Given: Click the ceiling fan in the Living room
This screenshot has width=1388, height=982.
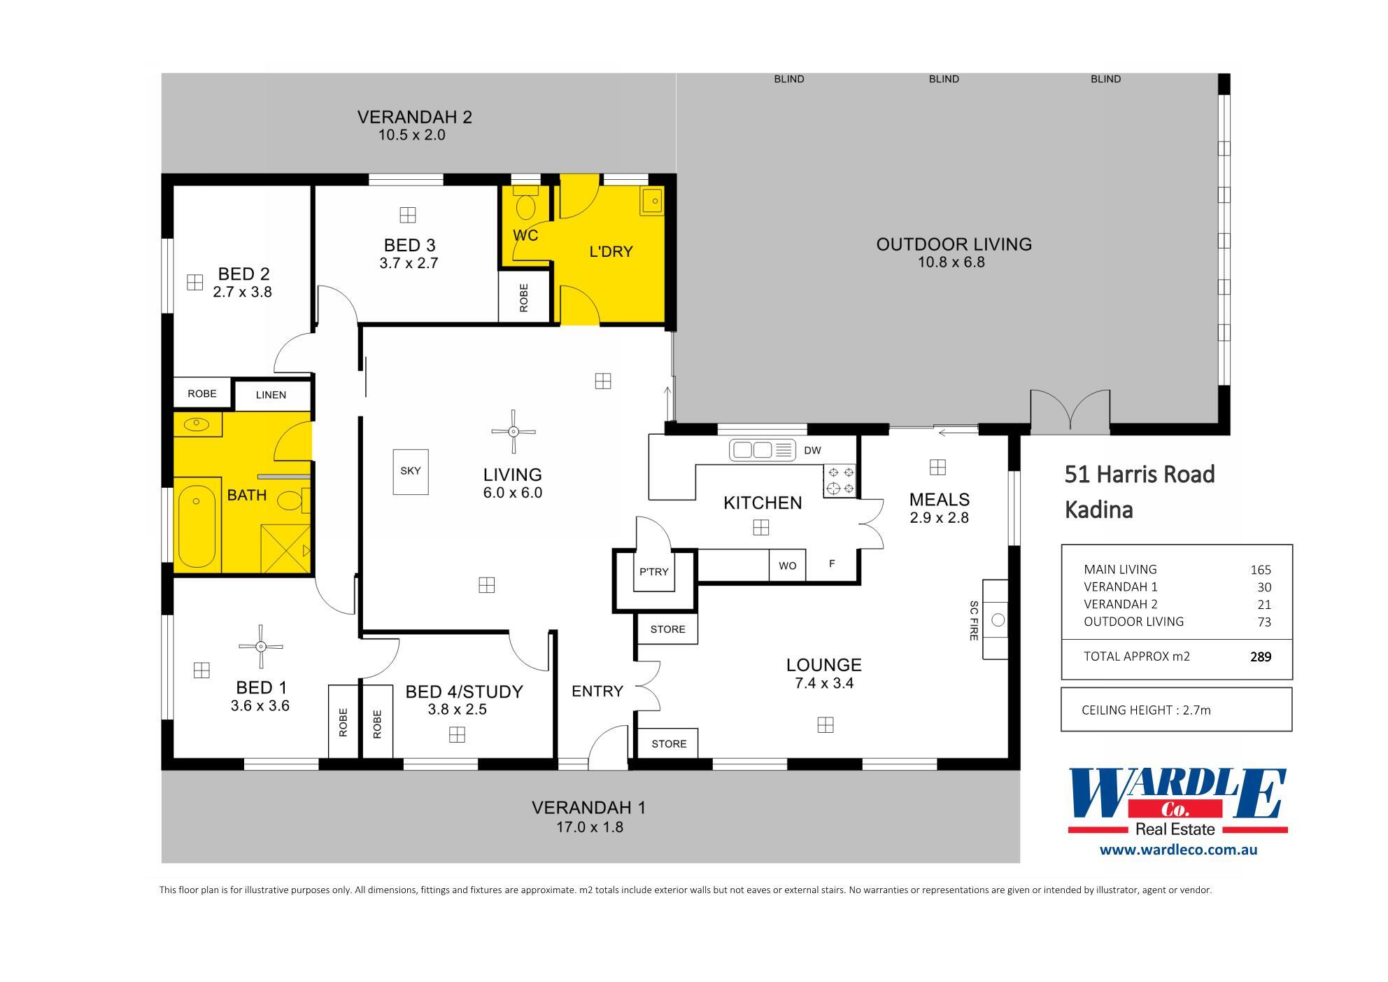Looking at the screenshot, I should point(514,431).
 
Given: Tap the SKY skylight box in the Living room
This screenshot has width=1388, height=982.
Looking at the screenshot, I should point(411,471).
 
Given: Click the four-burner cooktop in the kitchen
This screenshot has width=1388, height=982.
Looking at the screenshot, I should point(840,479).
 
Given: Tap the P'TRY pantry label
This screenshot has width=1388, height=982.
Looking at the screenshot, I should point(654,572).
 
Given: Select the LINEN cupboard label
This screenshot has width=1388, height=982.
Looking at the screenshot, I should point(271,395).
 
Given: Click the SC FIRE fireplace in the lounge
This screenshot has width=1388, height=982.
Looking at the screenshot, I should point(995,619).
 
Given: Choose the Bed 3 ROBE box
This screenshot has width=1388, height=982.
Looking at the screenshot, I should point(524,297).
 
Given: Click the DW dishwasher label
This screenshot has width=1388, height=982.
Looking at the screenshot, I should point(812,450).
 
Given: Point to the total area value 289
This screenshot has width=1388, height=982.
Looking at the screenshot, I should point(1260,657).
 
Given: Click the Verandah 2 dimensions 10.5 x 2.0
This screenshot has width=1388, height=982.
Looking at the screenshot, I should point(412,135).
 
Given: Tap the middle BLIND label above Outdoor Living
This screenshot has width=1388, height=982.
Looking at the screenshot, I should point(944,79).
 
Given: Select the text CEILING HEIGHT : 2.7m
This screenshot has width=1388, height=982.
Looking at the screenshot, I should point(1146,710).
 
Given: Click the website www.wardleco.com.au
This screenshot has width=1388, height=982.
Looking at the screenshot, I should point(1178,850).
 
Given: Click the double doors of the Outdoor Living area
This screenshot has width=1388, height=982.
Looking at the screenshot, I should point(1070,412).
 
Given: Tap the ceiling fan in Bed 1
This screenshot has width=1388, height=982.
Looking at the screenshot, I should point(260,646).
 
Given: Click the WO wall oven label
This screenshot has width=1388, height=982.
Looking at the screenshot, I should point(787,566).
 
